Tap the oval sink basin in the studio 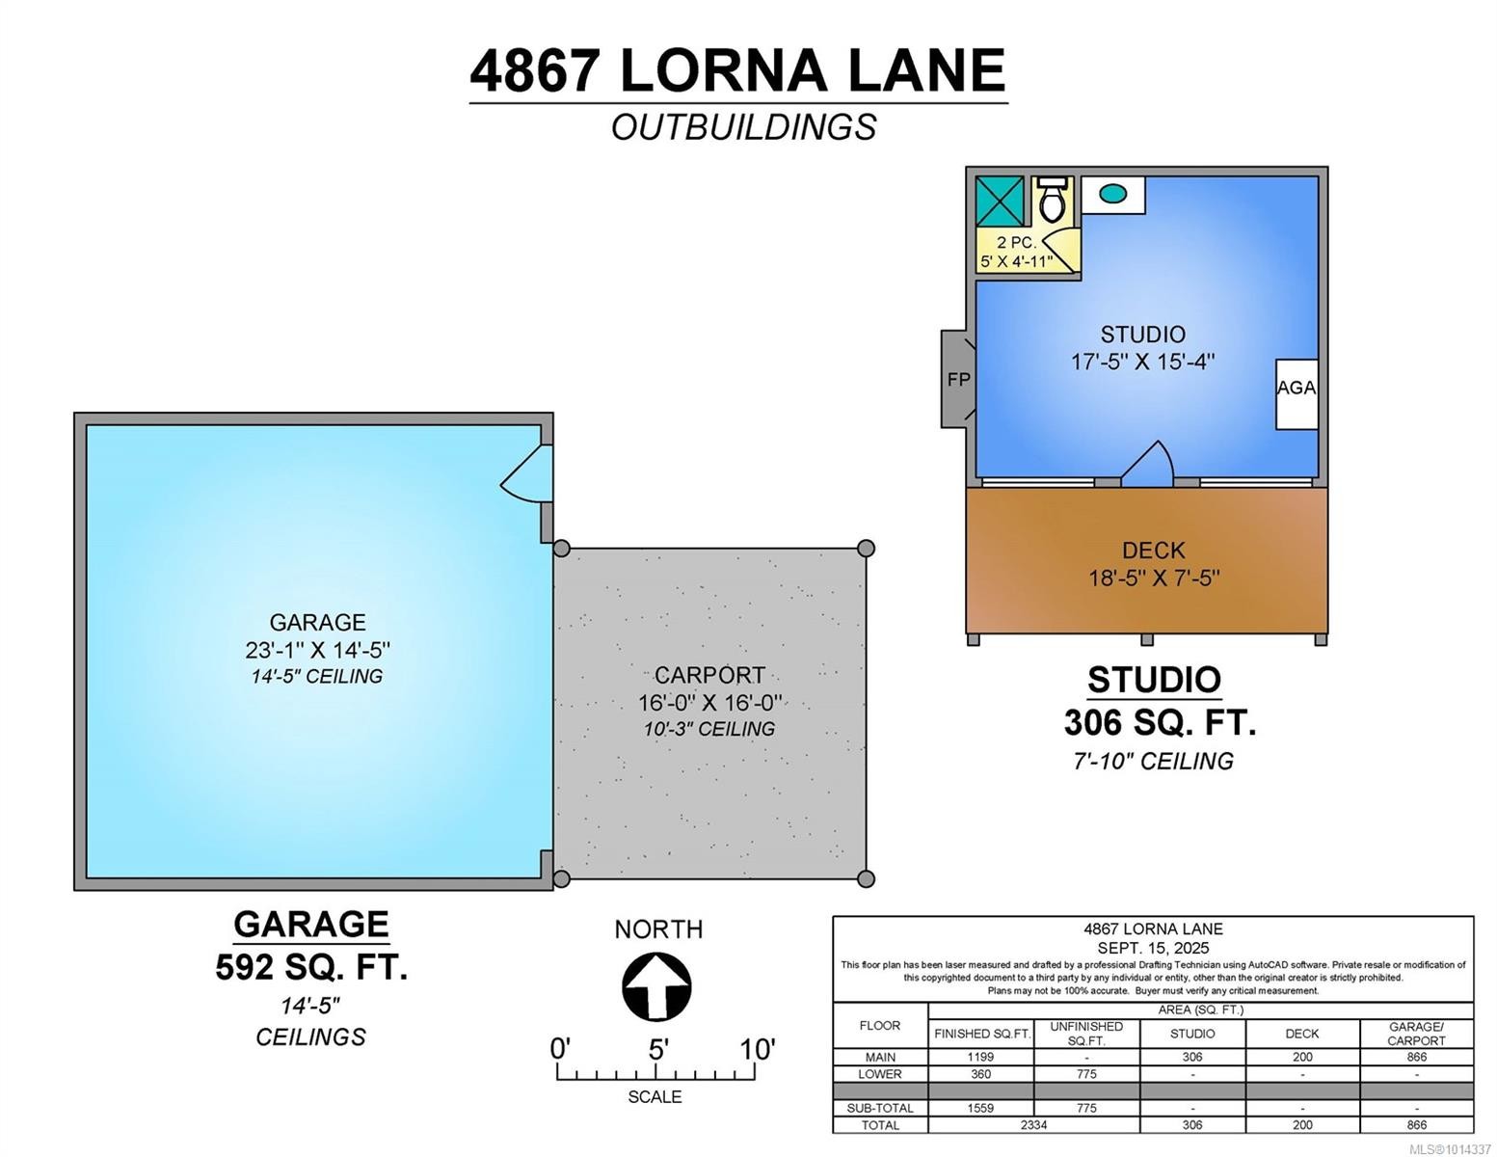pos(1112,195)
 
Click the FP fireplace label pos(958,380)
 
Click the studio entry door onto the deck pos(1147,465)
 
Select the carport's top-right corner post pos(866,549)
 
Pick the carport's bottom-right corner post pos(866,878)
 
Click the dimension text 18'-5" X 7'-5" pos(1154,578)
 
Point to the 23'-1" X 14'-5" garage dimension pos(317,650)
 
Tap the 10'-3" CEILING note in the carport pos(708,729)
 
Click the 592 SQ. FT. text pos(311,966)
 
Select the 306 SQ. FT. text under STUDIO pos(1160,722)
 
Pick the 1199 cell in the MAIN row pos(980,1057)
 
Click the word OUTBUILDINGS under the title pos(743,127)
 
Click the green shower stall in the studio pos(999,201)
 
